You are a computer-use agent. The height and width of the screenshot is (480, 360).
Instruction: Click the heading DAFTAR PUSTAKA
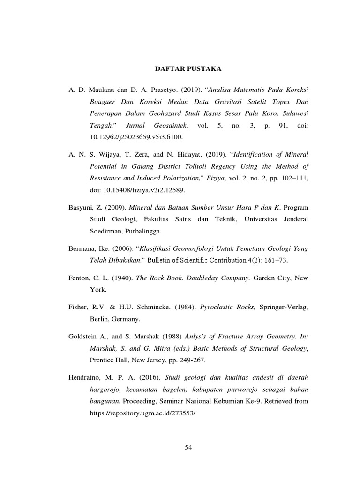(188, 69)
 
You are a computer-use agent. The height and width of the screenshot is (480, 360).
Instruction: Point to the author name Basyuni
(78, 207)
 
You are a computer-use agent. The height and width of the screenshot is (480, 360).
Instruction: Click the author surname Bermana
(79, 247)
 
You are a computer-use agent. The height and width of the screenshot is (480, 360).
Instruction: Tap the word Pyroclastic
(217, 308)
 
